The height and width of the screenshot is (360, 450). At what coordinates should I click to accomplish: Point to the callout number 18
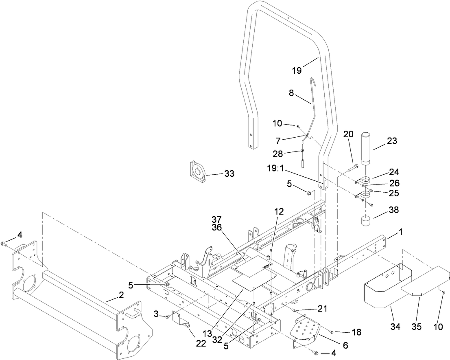pos(356,332)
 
